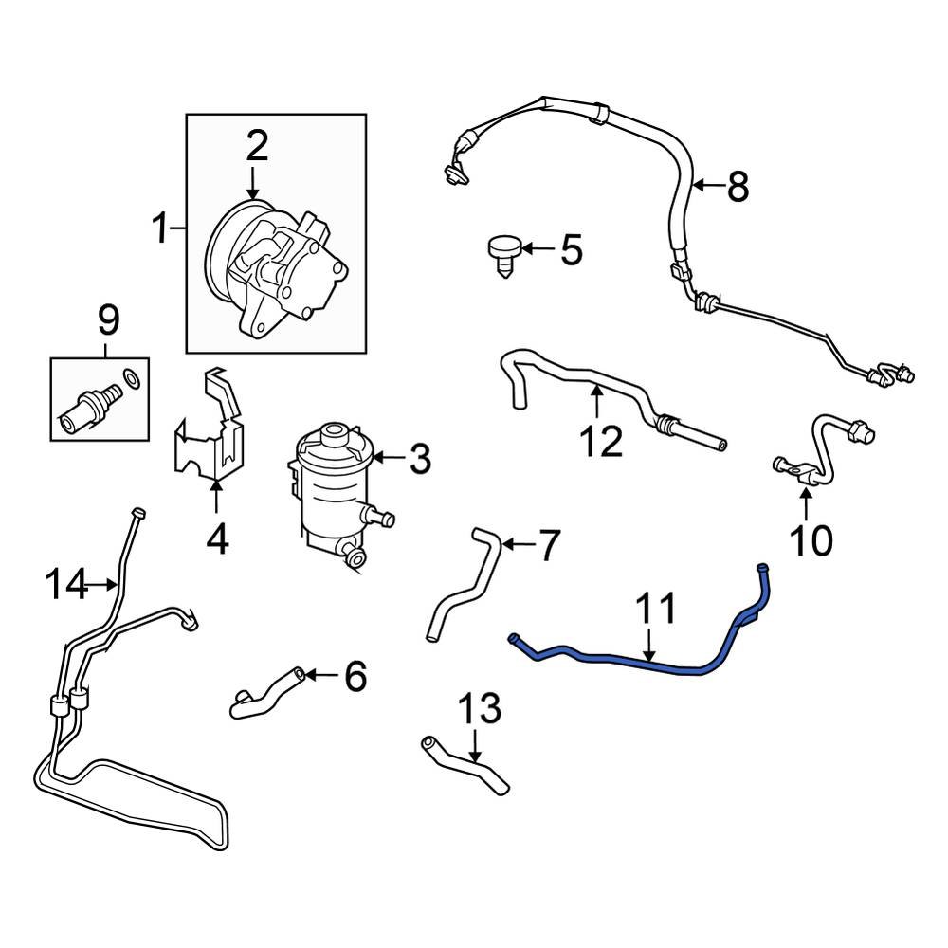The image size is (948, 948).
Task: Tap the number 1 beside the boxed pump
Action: tap(162, 228)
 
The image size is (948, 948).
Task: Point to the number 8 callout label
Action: tap(738, 187)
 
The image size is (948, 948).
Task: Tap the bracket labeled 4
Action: tap(210, 431)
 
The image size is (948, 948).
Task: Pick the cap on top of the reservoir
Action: tap(333, 437)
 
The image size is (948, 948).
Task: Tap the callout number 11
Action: tap(655, 609)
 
